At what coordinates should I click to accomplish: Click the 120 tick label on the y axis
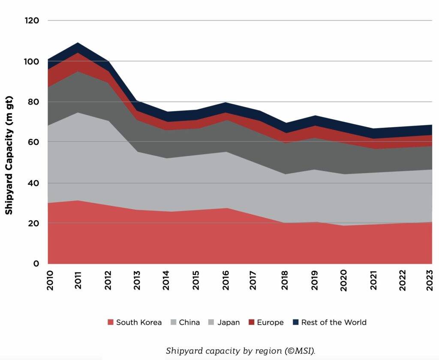click(32, 21)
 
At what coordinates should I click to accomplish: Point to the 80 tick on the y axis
click(34, 102)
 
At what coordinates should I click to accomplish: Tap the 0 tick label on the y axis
click(36, 264)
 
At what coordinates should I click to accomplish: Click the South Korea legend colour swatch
click(111, 322)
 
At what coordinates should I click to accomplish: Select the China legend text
click(189, 322)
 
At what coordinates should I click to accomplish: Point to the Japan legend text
click(229, 322)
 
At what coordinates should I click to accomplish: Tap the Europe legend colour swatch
click(251, 322)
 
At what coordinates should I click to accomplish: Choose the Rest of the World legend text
click(334, 322)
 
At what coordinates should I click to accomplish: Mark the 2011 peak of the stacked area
click(78, 43)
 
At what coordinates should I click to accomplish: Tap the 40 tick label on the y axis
click(34, 183)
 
